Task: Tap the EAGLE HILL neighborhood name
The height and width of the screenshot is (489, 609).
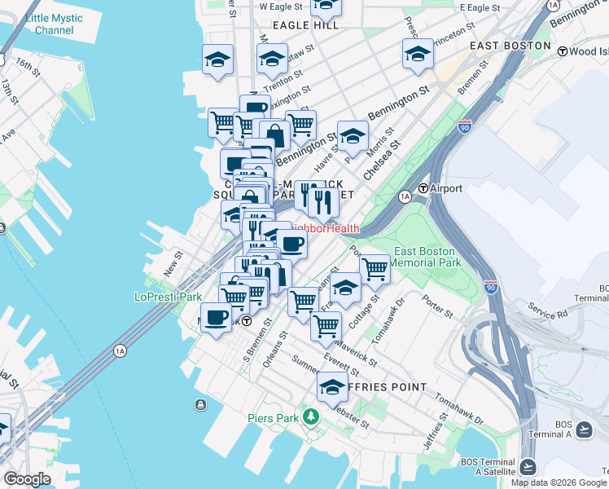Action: (306, 25)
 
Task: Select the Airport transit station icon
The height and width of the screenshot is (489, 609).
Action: (423, 188)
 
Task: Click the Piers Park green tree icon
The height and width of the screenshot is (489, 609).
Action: (309, 417)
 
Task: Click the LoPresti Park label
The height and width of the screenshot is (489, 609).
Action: (168, 297)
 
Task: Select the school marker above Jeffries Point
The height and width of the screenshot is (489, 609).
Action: (332, 386)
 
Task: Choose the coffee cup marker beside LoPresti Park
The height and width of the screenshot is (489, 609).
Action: (216, 317)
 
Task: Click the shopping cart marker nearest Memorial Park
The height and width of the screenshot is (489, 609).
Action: (375, 268)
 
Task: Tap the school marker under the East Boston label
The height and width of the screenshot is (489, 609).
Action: (418, 54)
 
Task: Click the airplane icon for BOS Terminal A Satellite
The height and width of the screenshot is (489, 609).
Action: (528, 466)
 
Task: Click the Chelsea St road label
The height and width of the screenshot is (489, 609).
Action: (382, 159)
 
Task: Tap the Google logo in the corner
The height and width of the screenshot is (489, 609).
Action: (27, 479)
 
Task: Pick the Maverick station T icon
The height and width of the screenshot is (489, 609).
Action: (244, 321)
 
